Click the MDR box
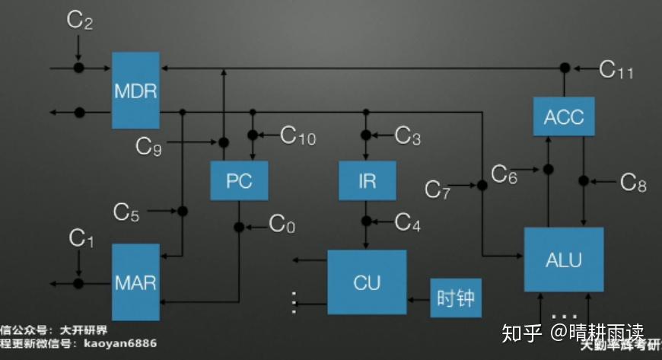[x=135, y=91]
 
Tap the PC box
[x=238, y=183]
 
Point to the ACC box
[x=564, y=116]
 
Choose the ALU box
[x=564, y=259]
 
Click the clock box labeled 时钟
[x=456, y=298]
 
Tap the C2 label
[x=80, y=21]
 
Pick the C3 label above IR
[x=408, y=136]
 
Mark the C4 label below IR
[x=408, y=222]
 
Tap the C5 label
[x=126, y=212]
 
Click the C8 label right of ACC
[x=633, y=182]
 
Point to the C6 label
[x=504, y=174]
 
